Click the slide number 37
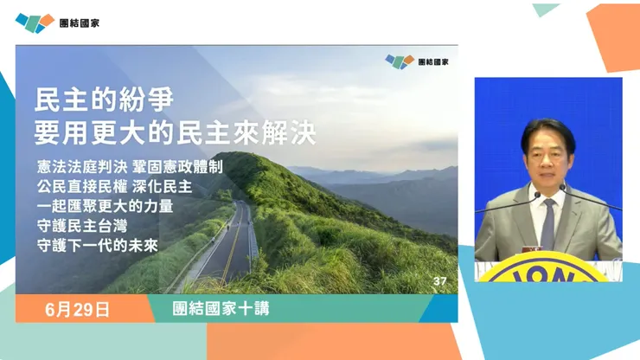coord(439,281)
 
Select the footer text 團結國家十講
coord(208,309)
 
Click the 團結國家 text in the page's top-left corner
coord(79,22)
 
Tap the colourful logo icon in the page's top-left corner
coord(35,22)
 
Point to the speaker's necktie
coord(547,220)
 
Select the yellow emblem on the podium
coord(547,270)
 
